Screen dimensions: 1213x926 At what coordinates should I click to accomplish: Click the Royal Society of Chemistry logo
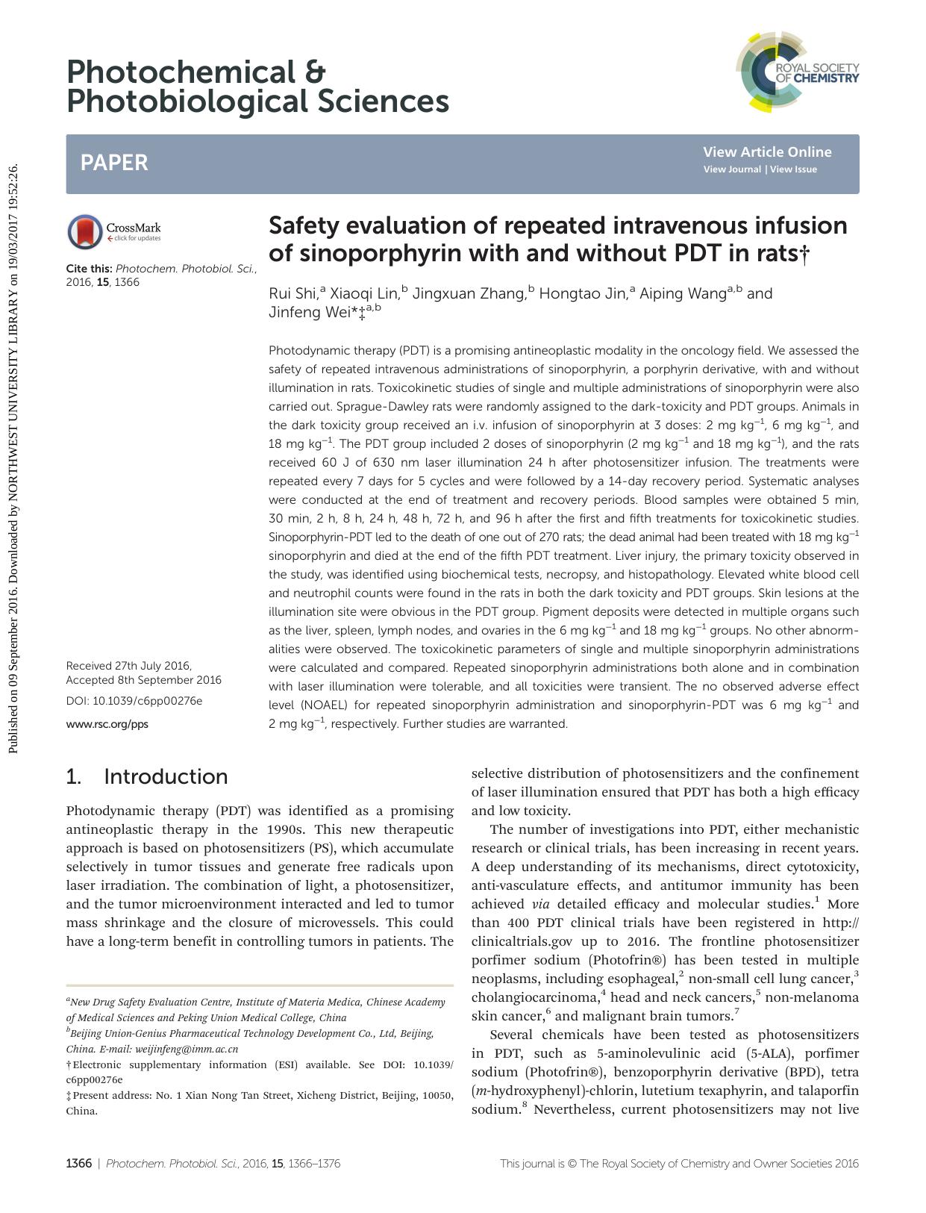point(796,72)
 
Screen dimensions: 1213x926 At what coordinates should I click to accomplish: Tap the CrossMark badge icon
point(84,231)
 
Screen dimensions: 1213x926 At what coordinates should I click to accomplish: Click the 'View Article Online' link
point(766,152)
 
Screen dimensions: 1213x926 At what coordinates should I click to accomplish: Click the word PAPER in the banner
point(114,163)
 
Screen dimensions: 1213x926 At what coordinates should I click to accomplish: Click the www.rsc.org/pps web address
point(107,724)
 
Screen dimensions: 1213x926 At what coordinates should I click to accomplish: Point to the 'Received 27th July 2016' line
point(128,665)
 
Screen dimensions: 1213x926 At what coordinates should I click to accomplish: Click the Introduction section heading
point(166,776)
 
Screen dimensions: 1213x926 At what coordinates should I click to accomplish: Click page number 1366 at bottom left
point(78,1163)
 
